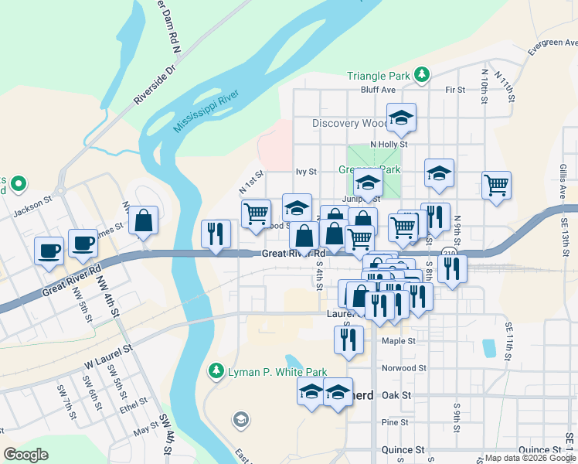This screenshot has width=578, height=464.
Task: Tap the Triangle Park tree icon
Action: click(422, 74)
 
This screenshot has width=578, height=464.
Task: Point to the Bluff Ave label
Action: click(378, 90)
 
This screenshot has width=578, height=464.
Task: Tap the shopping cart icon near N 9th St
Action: click(496, 184)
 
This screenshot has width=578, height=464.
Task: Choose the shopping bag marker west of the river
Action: click(144, 220)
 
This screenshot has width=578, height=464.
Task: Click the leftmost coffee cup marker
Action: click(49, 250)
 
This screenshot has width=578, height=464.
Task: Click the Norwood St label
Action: click(404, 368)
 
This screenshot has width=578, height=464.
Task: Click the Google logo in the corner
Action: click(25, 455)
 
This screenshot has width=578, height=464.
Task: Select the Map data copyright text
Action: click(530, 459)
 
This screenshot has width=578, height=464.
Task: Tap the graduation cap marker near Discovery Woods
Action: click(401, 117)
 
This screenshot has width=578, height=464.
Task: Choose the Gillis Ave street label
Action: click(564, 182)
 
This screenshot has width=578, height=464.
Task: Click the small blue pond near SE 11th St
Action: click(488, 348)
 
